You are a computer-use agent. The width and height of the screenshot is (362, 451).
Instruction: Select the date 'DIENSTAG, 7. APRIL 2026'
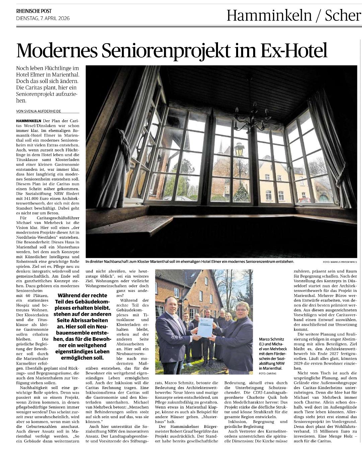43,18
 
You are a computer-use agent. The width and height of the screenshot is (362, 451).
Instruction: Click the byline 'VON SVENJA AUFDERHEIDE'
39,111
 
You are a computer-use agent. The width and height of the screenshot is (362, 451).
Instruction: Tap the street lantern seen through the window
239,149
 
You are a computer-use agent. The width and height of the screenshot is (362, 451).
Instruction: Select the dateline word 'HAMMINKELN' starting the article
28,121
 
